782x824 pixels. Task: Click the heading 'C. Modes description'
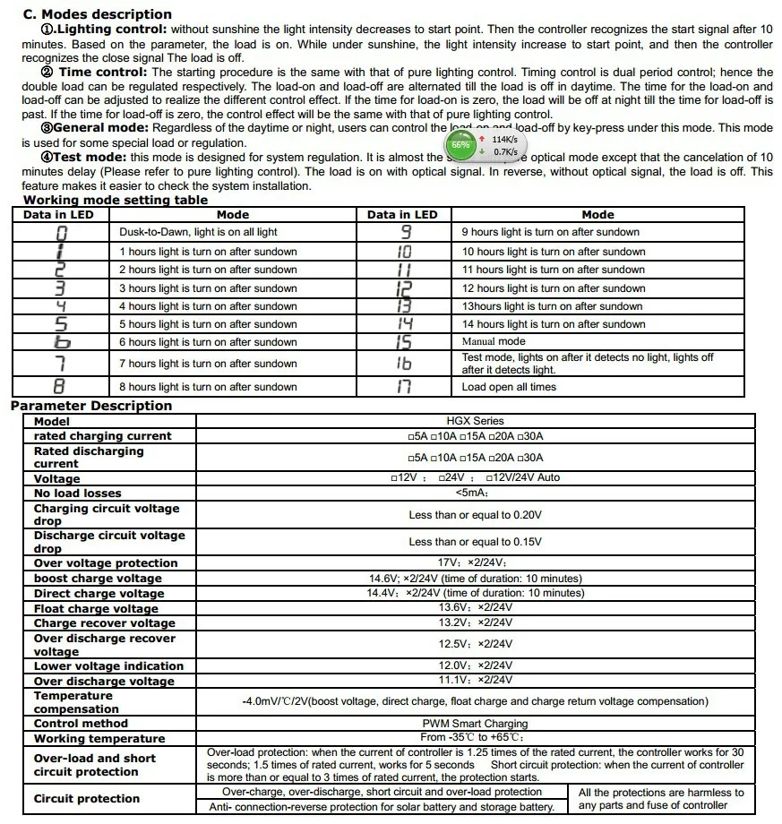pos(97,14)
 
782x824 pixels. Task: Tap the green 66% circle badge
pos(460,144)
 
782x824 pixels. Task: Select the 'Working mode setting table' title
pos(116,201)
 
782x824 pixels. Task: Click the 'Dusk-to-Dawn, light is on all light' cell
pos(198,232)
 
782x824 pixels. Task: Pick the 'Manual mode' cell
pos(494,341)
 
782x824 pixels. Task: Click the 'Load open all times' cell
pos(509,387)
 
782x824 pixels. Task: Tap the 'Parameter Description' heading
pos(91,406)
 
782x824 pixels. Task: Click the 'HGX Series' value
pos(475,420)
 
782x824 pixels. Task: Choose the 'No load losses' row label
pos(77,494)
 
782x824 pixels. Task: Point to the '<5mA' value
pos(471,494)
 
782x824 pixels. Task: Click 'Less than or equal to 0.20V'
pos(475,515)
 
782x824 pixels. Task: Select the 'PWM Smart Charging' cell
pos(475,724)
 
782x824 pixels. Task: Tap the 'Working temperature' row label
pos(99,739)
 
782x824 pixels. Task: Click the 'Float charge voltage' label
pos(96,609)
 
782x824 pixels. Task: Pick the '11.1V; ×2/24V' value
pos(475,681)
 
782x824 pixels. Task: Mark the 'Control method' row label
pos(81,724)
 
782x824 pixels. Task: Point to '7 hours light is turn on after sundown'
pos(208,364)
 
